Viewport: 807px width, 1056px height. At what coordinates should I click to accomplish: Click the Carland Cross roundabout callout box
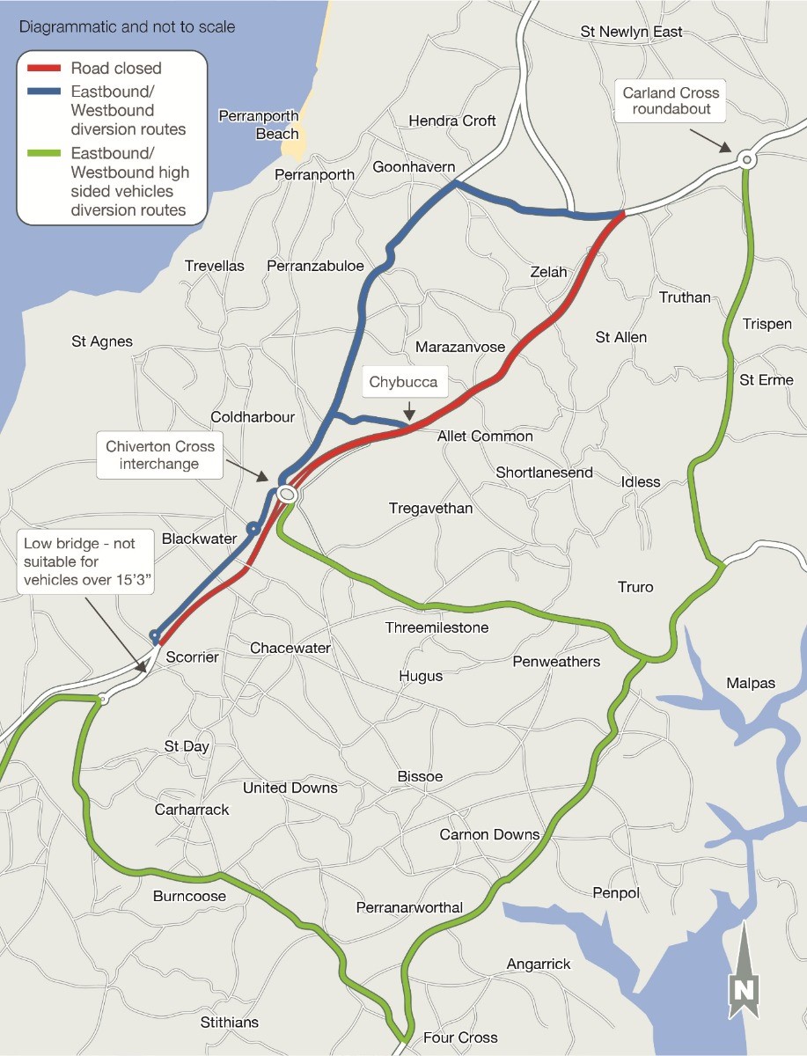coord(671,102)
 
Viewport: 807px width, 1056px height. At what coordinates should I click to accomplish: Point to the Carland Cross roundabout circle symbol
coord(746,159)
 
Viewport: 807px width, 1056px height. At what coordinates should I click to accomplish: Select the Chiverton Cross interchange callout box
coord(160,456)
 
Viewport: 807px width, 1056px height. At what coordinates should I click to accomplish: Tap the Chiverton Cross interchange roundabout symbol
coord(286,495)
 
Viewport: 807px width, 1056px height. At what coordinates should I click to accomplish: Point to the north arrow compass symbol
coord(744,972)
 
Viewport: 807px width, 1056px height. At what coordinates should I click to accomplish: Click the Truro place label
coord(635,587)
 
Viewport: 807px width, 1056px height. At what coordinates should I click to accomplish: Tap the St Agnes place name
coord(102,341)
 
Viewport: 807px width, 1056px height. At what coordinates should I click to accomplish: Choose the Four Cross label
coord(460,1038)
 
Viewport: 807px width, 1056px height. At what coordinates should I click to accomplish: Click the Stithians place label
coord(230,1022)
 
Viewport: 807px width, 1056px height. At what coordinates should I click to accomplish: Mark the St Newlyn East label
coord(631,32)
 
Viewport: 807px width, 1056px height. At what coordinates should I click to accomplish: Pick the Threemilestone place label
coord(437,627)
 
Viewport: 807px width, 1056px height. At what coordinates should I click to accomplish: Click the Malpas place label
coord(751,683)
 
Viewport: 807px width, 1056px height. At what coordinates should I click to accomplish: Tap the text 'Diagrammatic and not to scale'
coord(128,26)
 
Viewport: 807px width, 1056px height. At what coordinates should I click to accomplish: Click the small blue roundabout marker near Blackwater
coord(253,529)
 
